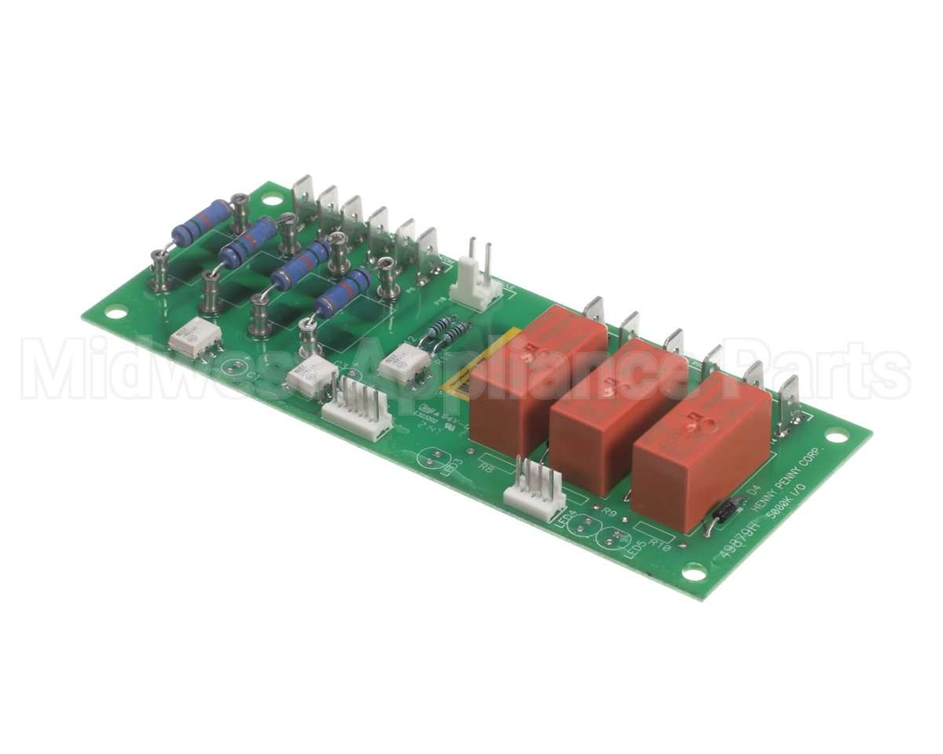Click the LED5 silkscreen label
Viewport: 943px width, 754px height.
coord(635,547)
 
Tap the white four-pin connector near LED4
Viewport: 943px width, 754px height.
coord(534,489)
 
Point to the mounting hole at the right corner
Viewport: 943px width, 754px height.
coord(837,435)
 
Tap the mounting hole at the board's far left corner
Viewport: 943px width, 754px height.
coord(116,313)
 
